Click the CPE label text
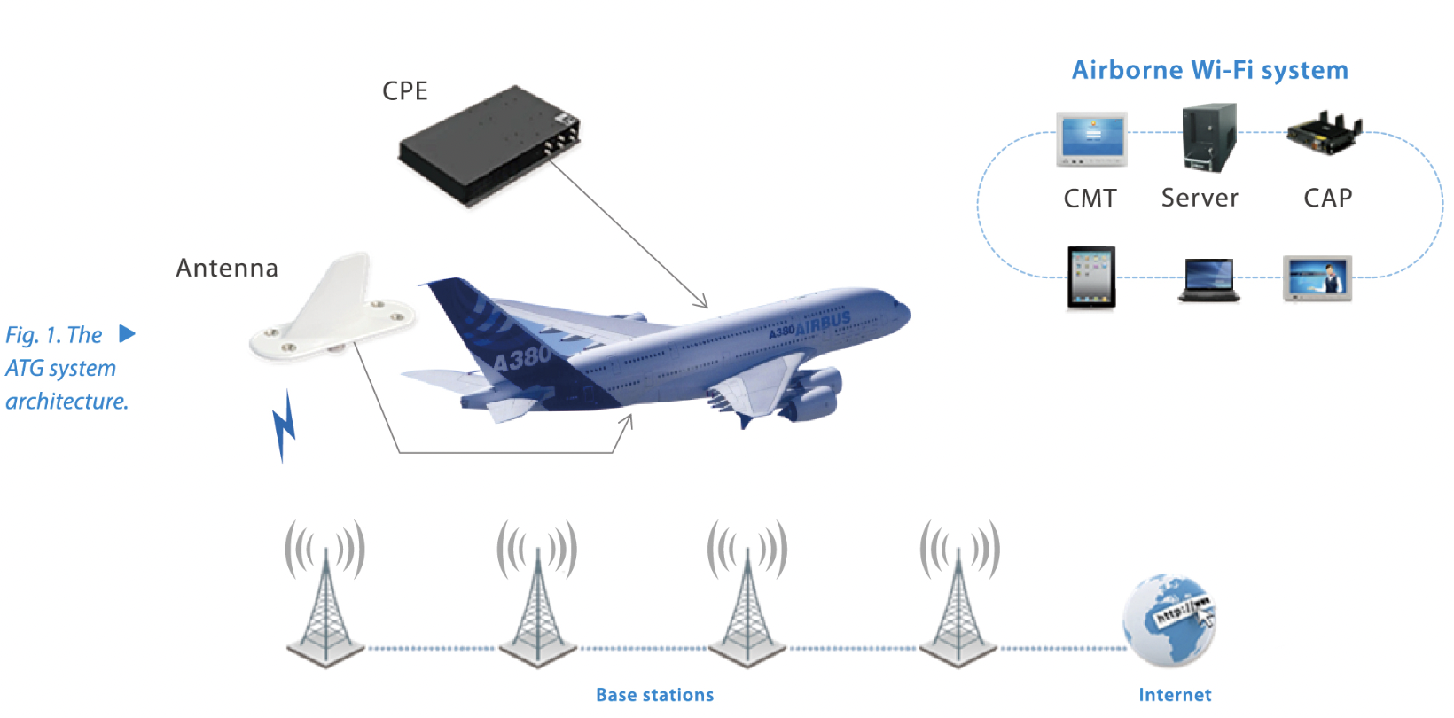point(405,91)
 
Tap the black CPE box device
point(489,146)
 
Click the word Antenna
point(227,268)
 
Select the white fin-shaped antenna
point(333,309)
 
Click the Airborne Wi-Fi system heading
point(1209,70)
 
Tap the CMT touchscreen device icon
point(1091,139)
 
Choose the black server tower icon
point(1208,137)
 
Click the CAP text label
point(1327,198)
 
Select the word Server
point(1200,198)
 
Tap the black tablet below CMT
point(1090,277)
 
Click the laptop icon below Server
point(1208,281)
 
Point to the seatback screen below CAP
point(1317,279)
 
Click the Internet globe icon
point(1169,620)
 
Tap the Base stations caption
point(654,695)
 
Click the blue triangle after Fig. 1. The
point(127,334)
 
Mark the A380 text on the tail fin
point(521,359)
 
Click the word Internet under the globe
point(1175,695)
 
